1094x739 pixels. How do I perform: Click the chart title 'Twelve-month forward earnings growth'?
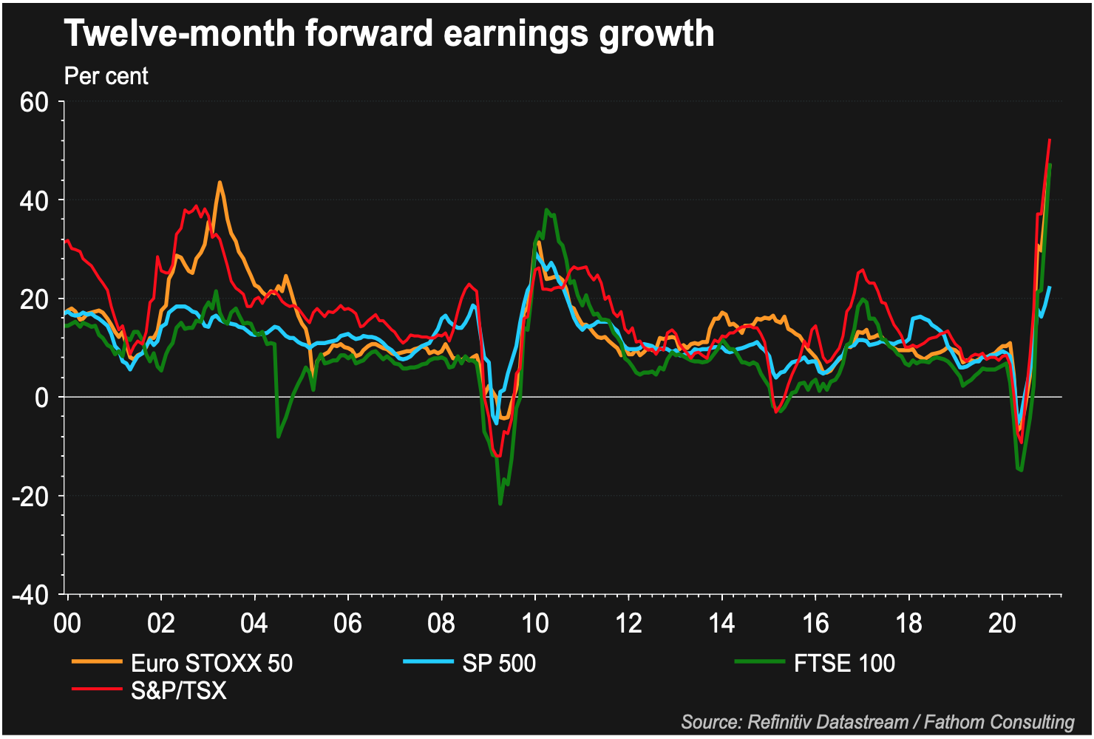(x=390, y=33)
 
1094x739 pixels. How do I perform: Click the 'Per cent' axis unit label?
(x=106, y=76)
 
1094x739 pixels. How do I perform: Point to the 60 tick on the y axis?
(x=34, y=102)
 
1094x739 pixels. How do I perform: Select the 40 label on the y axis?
(x=34, y=200)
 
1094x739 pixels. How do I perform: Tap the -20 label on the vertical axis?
(x=30, y=496)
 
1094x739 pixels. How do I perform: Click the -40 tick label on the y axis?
(x=30, y=594)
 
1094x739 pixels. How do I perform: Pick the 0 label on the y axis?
(x=42, y=398)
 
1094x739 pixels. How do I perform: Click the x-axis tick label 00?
(x=67, y=623)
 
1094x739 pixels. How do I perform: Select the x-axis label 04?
(x=254, y=623)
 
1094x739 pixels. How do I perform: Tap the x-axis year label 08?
(x=441, y=623)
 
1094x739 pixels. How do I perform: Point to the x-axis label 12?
(x=628, y=623)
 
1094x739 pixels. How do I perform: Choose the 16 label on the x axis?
(x=815, y=623)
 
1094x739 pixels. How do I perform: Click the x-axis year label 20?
(x=1002, y=623)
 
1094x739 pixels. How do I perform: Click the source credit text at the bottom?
(x=877, y=722)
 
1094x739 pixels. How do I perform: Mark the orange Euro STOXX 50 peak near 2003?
(x=220, y=182)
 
